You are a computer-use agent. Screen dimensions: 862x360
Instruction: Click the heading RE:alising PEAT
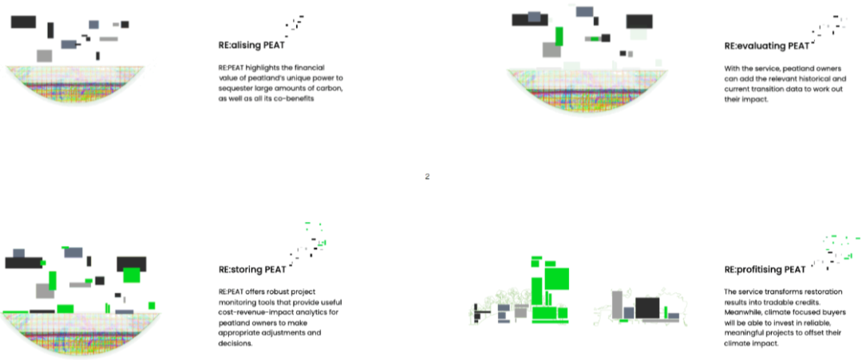click(x=251, y=45)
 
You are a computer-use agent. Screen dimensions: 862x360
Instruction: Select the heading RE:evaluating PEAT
click(x=766, y=46)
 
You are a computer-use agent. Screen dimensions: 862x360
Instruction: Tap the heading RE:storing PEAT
click(x=251, y=270)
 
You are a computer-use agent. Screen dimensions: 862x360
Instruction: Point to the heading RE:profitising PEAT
click(x=765, y=270)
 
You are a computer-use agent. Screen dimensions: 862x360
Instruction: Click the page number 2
click(x=427, y=176)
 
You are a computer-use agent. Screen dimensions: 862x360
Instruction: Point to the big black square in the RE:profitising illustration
click(x=647, y=308)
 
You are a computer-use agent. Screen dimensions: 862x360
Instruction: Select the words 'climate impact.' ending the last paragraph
click(x=752, y=343)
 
